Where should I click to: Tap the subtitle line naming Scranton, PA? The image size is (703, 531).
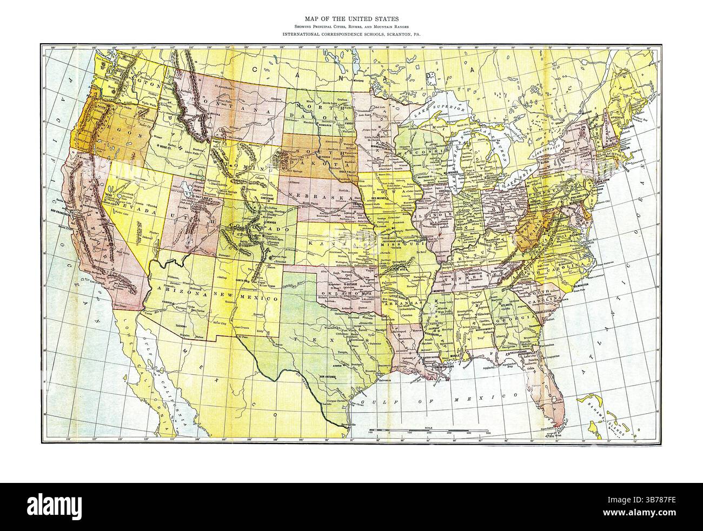[x=351, y=34]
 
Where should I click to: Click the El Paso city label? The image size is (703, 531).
[x=243, y=338]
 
